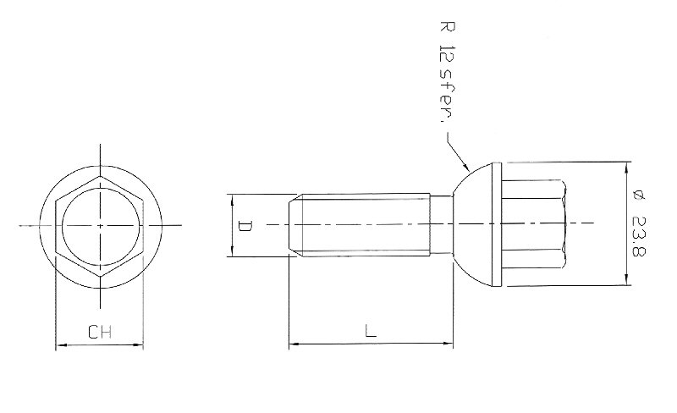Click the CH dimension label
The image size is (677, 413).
point(100,333)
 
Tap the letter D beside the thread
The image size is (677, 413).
point(243,226)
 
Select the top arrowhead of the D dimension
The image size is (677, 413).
point(230,198)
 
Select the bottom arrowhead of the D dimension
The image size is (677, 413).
point(230,252)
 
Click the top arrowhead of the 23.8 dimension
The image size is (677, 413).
point(625,165)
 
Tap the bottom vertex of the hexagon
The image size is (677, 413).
point(100,276)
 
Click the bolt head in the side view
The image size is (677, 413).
point(533,225)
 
